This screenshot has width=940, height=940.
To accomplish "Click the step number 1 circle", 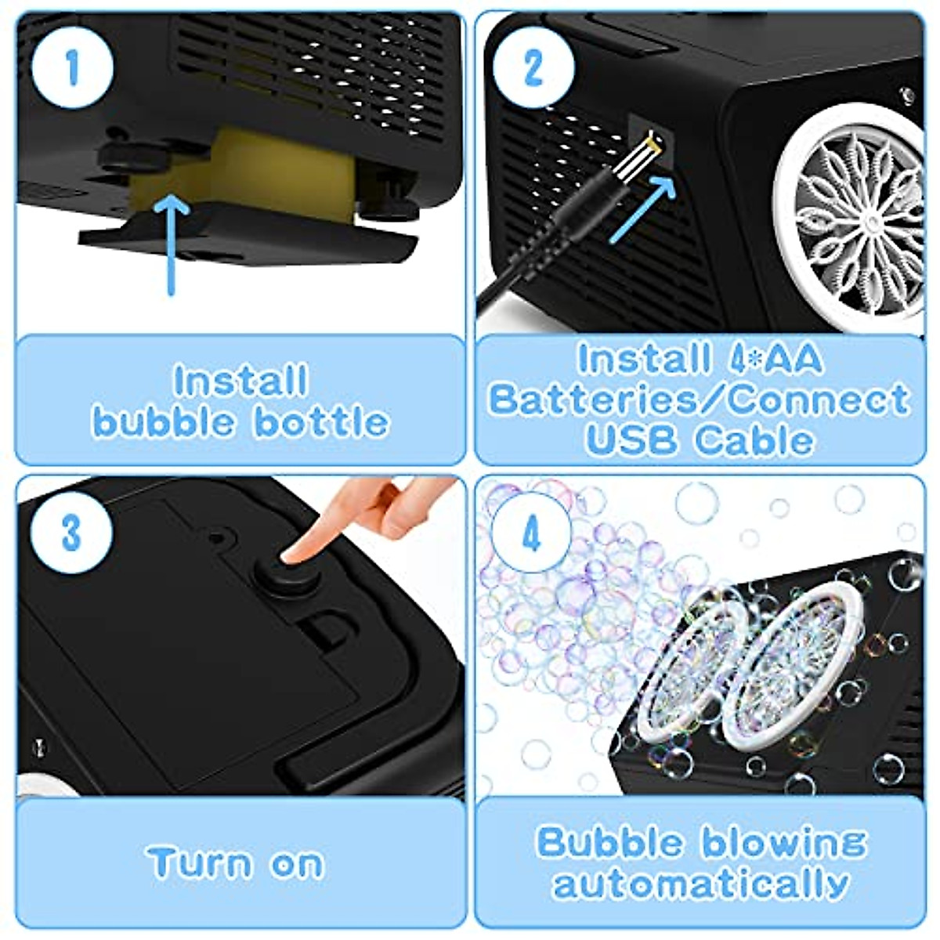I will [72, 67].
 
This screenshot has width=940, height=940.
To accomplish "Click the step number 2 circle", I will [533, 67].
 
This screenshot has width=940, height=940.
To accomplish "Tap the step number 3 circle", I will [72, 533].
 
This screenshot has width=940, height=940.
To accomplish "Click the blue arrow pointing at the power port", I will [641, 210].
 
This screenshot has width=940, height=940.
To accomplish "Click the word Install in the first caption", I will [240, 381].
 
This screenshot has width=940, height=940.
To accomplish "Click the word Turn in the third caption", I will [200, 863].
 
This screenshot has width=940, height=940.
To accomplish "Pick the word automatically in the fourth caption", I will [701, 884].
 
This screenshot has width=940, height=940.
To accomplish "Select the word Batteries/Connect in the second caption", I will [699, 399].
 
